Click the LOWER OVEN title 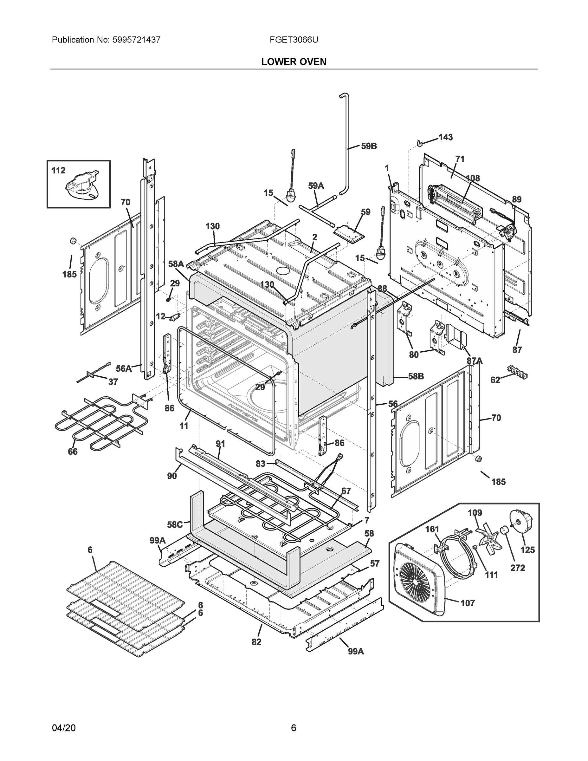(294, 62)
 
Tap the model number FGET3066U (293, 40)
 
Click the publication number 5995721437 (136, 40)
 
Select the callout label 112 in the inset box (59, 170)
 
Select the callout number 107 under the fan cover (468, 603)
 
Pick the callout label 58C (175, 524)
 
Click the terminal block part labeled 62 (517, 372)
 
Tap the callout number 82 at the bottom (256, 642)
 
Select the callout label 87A (475, 361)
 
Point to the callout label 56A (124, 368)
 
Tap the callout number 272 (518, 568)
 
